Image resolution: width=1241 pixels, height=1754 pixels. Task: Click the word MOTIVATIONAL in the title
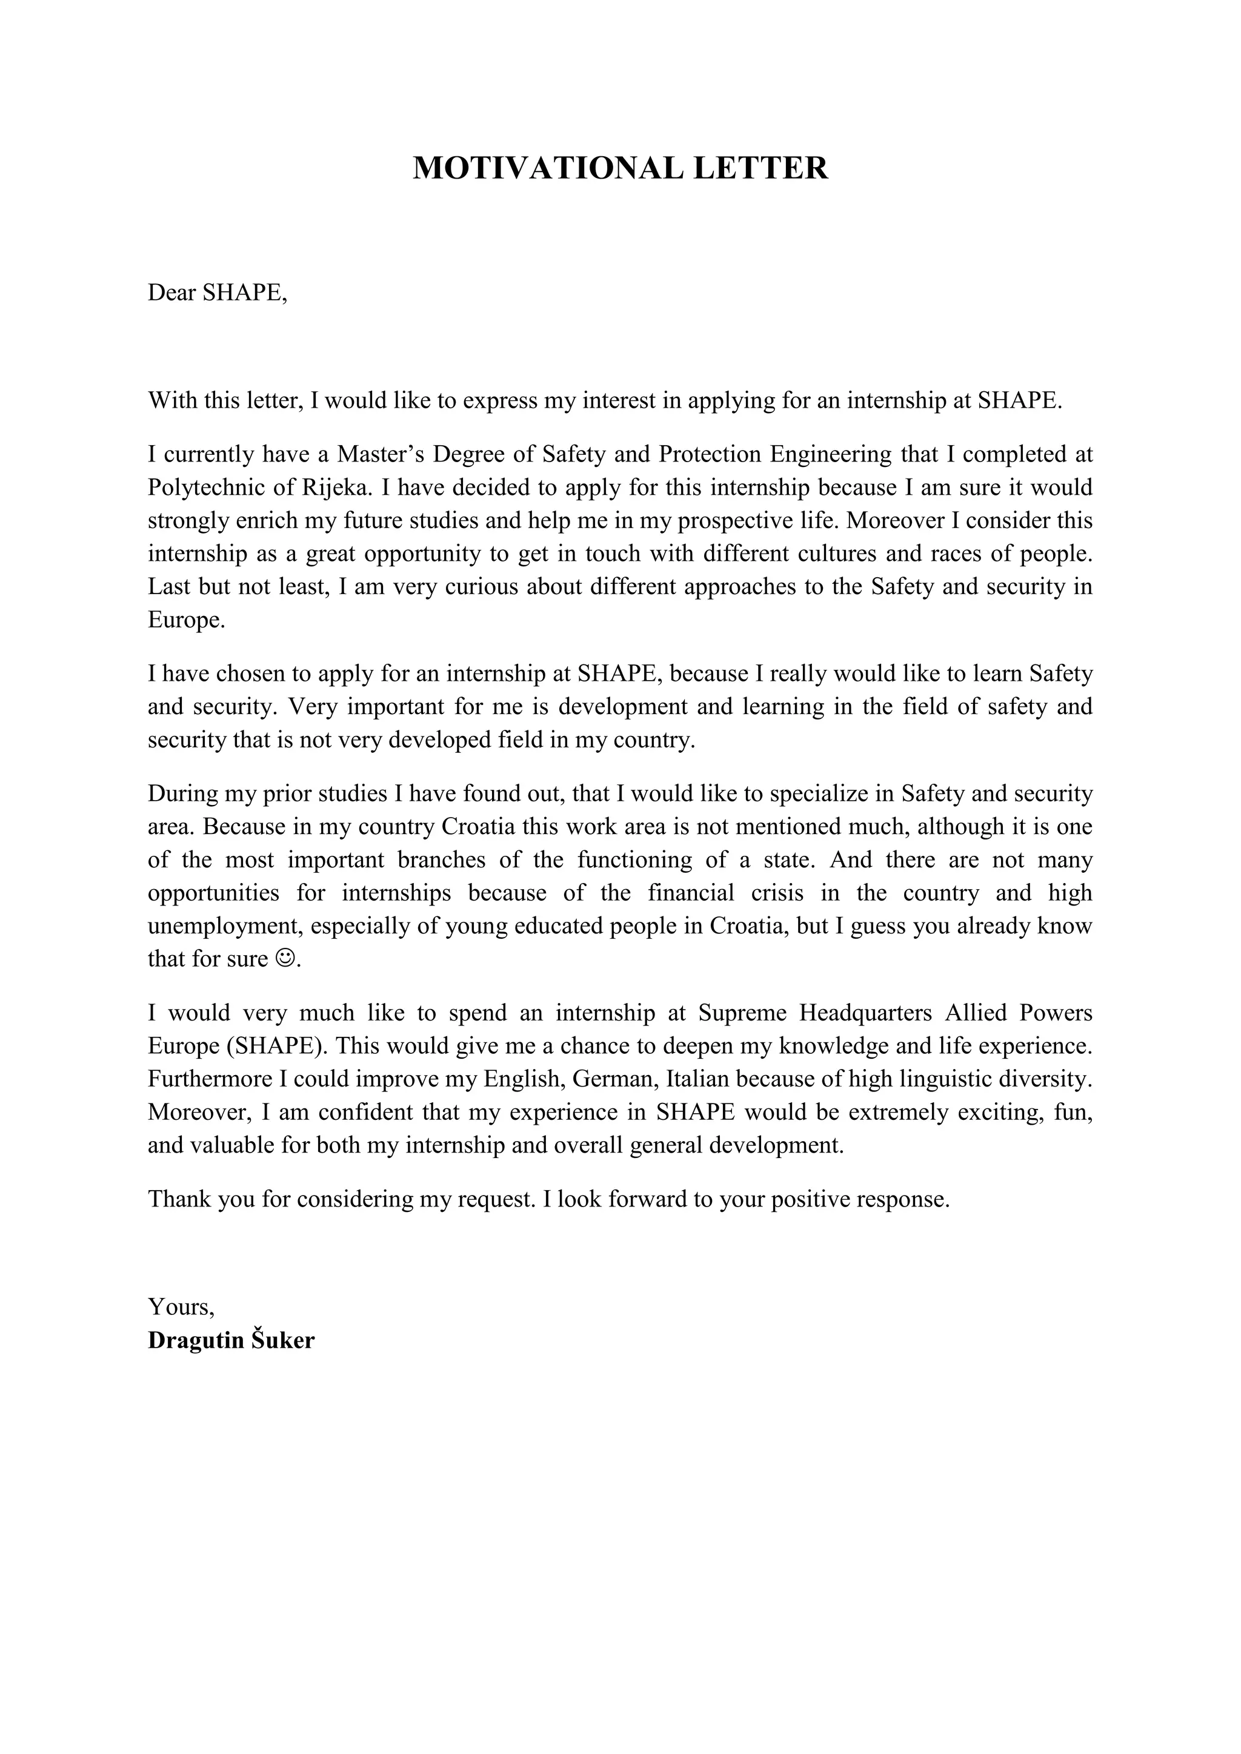pos(547,168)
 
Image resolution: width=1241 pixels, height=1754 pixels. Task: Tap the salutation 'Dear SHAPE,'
pos(217,293)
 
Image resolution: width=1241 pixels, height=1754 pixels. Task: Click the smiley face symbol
pos(284,959)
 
